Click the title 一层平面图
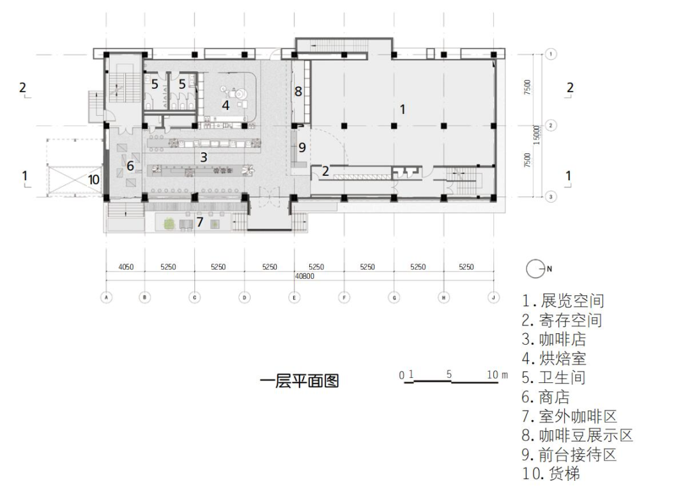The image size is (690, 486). [x=299, y=382]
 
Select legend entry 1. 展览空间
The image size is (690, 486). [x=563, y=301]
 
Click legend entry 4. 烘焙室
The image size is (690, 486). [x=554, y=358]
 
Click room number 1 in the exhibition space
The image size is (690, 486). [x=402, y=109]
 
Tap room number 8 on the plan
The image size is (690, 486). [x=298, y=91]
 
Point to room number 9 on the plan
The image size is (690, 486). [x=302, y=148]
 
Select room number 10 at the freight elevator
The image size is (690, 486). [x=94, y=180]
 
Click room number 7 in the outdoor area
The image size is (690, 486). [x=200, y=222]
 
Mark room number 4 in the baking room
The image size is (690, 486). [x=225, y=105]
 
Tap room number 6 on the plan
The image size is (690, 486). [x=130, y=166]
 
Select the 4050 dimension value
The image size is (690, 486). [x=125, y=267]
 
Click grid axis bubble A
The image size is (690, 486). [x=107, y=297]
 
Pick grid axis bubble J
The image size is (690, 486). [x=493, y=297]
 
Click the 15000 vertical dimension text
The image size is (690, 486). [x=537, y=133]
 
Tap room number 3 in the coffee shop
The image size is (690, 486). [x=204, y=157]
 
